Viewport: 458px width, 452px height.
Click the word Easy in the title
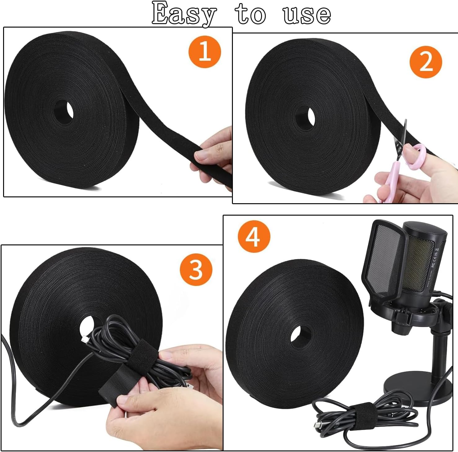(184, 14)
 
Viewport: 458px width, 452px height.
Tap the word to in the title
(250, 14)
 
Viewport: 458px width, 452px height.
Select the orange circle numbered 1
(205, 51)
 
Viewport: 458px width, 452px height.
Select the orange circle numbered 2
(425, 62)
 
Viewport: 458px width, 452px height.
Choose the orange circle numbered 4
(254, 237)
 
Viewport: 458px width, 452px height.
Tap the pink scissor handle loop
(415, 156)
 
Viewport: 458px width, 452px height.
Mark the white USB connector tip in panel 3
(84, 340)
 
